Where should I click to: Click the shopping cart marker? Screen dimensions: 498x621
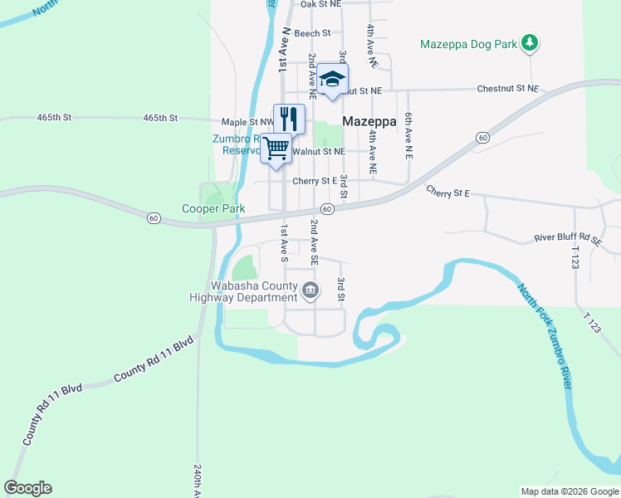coord(276,148)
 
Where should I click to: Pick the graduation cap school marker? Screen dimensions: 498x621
coord(332,79)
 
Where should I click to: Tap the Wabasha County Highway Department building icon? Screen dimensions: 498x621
coord(310,290)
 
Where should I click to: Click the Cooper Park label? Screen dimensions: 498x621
coord(214,209)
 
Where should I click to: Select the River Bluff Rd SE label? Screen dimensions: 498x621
coord(568,239)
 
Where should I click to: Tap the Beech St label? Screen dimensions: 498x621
coord(313,33)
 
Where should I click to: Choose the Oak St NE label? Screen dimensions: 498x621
coord(320,4)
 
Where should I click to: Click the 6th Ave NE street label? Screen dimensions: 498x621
coord(408,136)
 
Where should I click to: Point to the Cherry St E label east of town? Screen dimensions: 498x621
coord(448,193)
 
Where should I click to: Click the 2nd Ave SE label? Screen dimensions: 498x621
coord(314,242)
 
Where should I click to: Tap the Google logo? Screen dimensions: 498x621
coord(28,488)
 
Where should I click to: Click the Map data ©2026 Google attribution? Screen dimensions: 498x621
coord(570,491)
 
